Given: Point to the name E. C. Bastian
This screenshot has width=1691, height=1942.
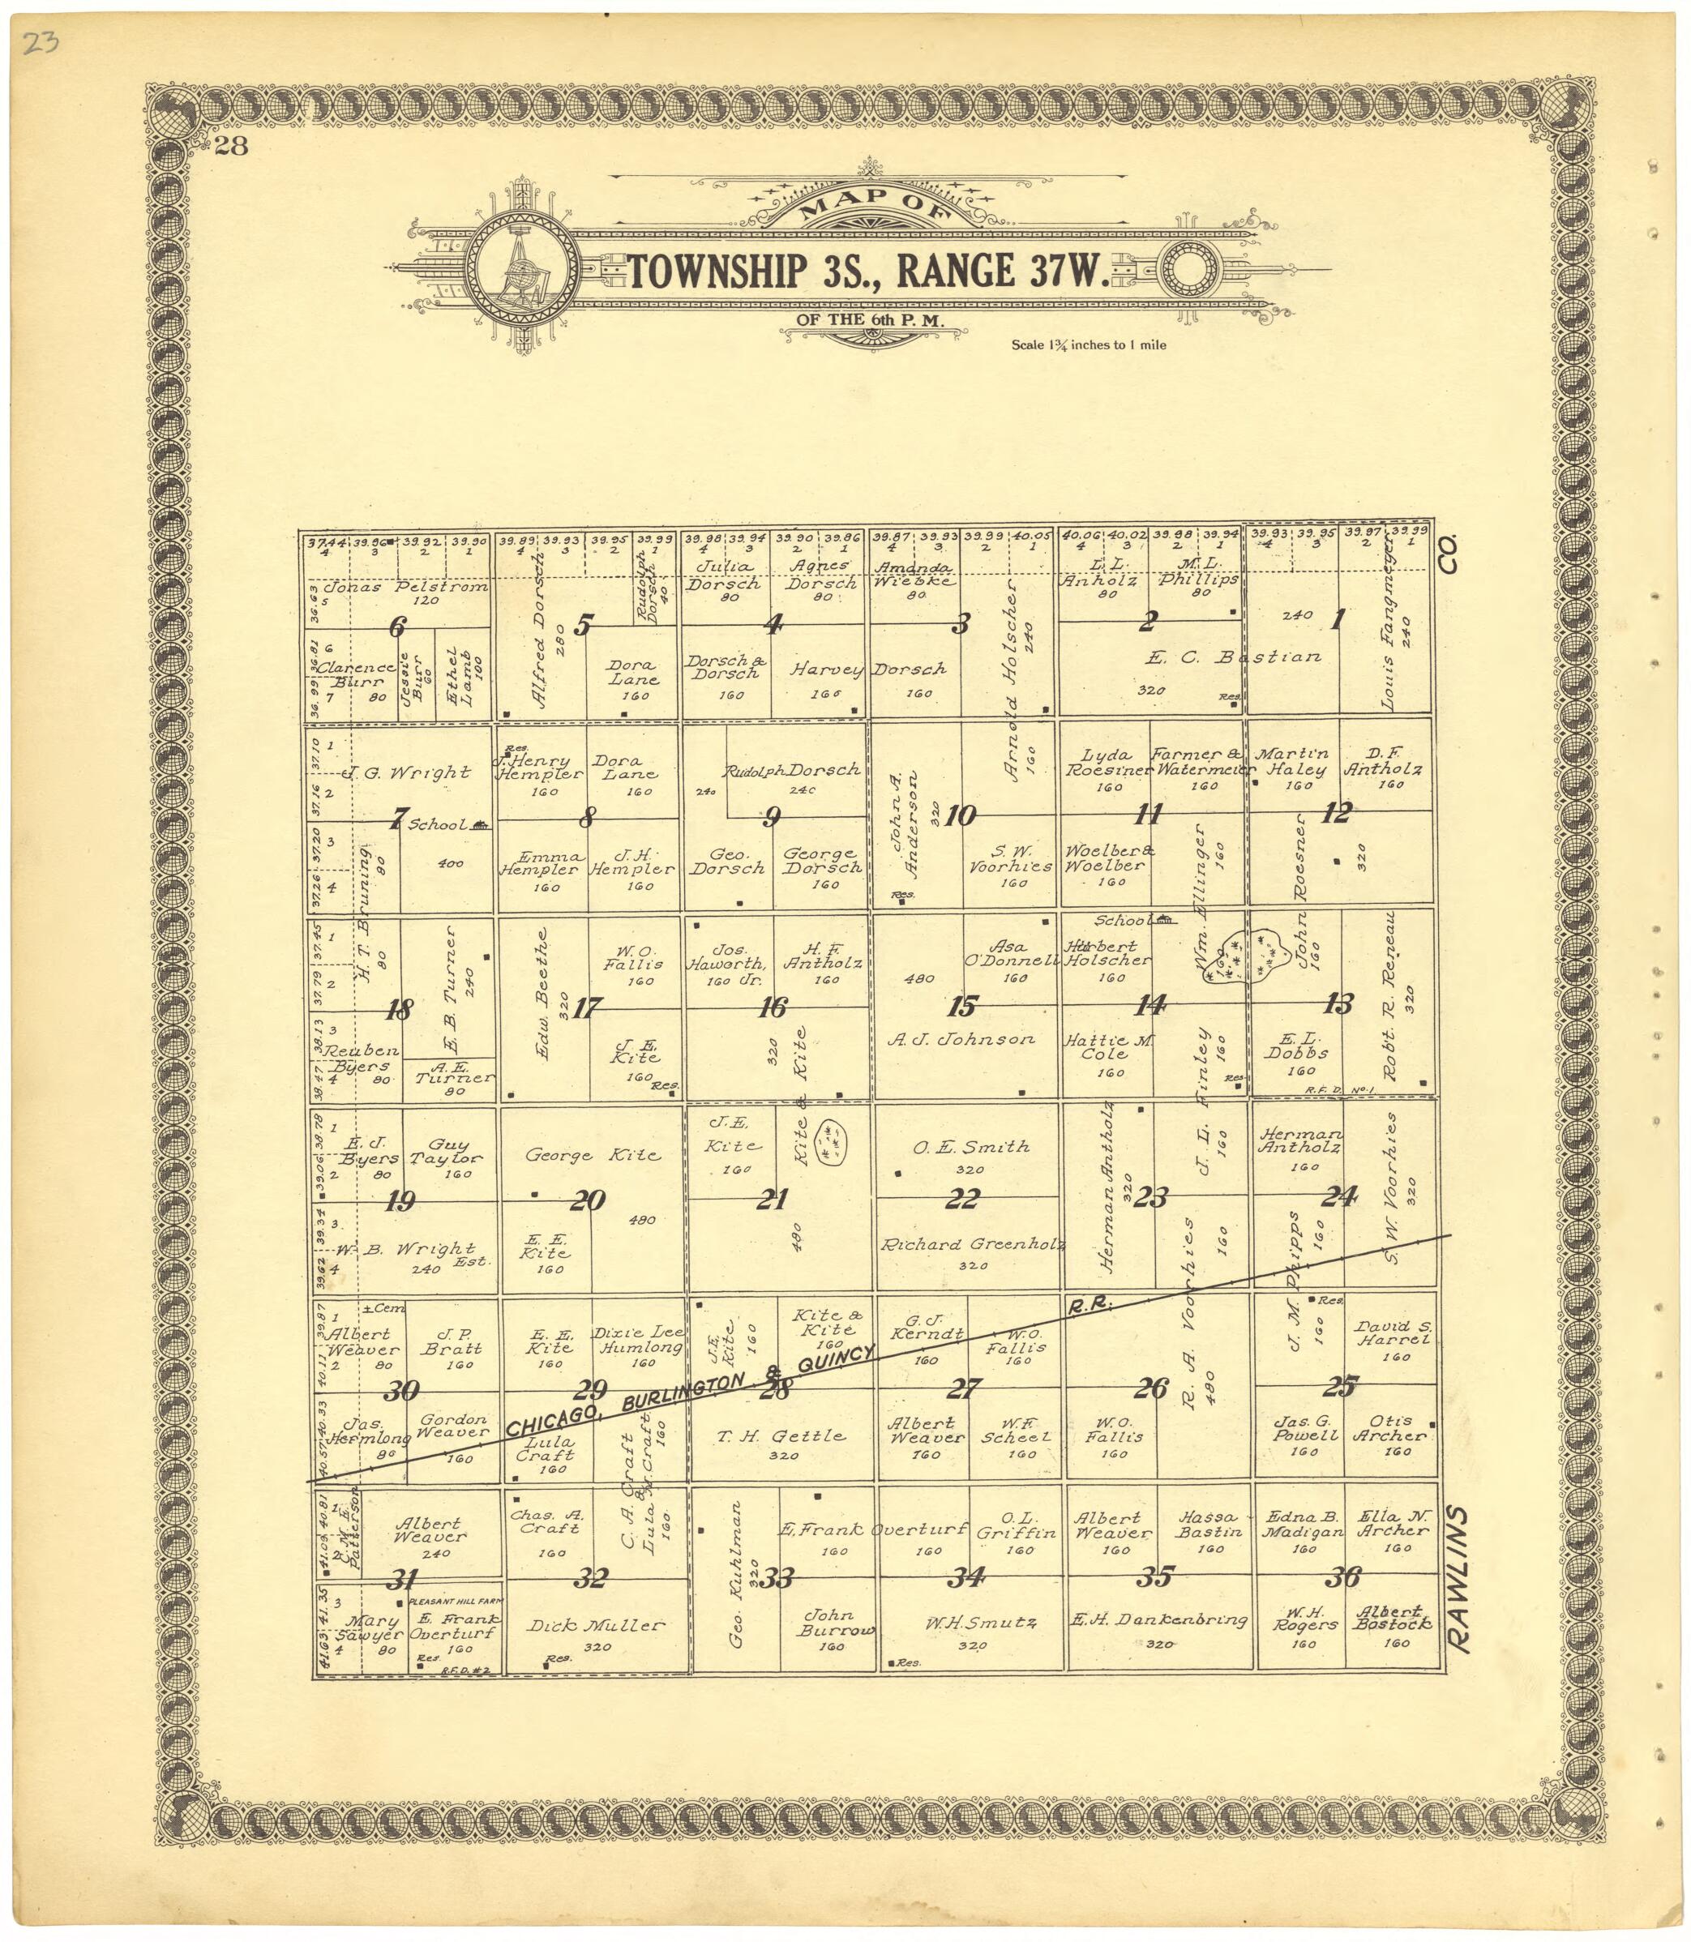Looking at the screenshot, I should (1233, 657).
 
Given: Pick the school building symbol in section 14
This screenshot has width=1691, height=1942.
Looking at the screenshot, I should (1166, 920).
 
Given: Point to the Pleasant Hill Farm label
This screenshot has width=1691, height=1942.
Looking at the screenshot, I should (456, 1602).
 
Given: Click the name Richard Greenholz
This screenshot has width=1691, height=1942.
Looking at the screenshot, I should (972, 1245).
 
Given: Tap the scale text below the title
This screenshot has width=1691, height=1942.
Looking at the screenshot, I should (1088, 345).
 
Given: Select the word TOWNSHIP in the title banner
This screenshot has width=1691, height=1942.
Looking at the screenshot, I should (717, 272).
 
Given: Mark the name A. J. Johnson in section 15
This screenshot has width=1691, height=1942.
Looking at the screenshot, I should (961, 1039).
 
